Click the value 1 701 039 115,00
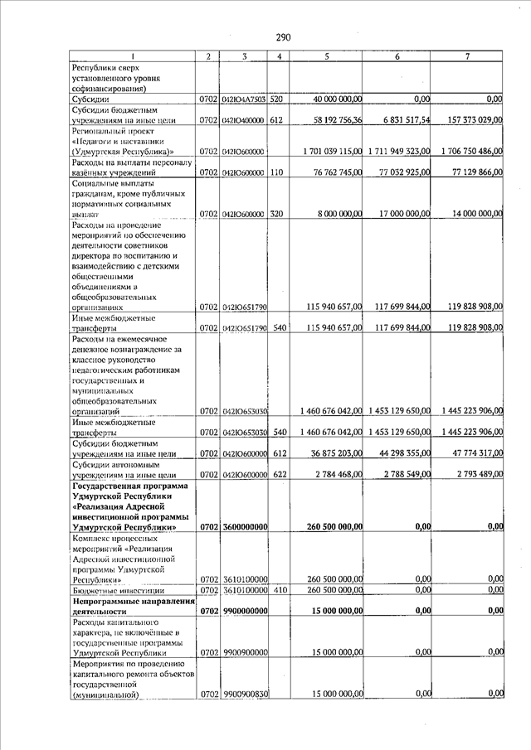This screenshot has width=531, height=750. pos(330,152)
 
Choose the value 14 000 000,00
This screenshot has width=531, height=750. pos(474,213)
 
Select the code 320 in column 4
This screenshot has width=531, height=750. pos(277,213)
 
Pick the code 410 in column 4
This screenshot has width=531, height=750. pos(277,589)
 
